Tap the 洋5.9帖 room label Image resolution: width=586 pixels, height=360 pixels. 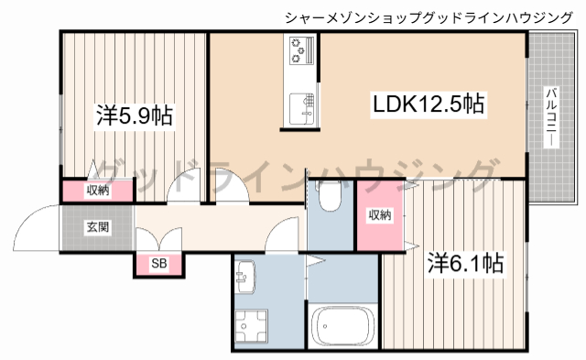(x=136, y=117)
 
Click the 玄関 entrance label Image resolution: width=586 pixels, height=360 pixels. (x=98, y=226)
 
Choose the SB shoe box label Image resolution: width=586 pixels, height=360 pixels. (x=159, y=265)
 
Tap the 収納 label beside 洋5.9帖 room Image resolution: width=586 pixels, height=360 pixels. (x=98, y=191)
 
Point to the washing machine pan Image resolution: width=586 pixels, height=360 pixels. (x=252, y=326)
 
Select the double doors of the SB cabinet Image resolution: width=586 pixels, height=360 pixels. (x=159, y=239)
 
